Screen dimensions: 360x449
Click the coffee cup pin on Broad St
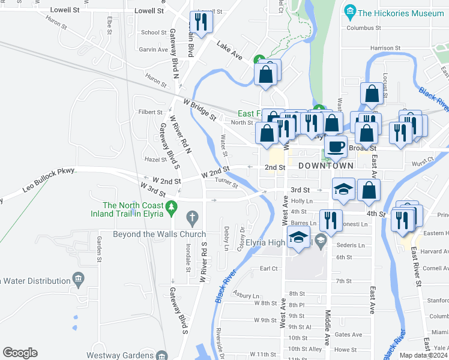(336, 146)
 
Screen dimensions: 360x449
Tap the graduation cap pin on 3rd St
(343, 190)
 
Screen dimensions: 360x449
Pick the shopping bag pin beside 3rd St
(369, 190)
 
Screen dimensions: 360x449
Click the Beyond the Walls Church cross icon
(192, 216)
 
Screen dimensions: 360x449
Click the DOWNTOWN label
(326, 165)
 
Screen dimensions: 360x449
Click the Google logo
(20, 353)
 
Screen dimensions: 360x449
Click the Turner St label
(226, 182)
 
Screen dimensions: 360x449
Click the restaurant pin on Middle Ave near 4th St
(331, 220)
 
